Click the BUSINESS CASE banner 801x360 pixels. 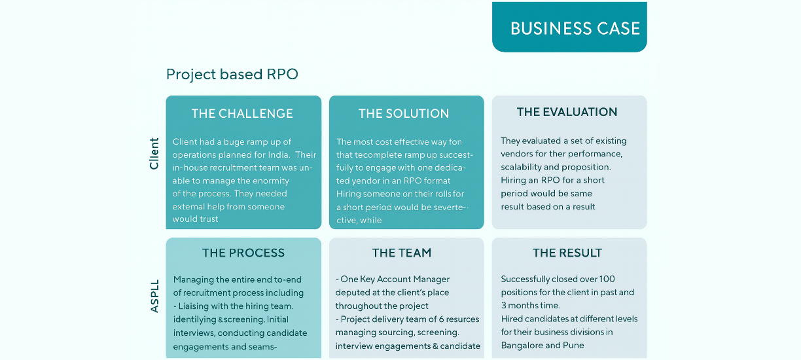point(575,28)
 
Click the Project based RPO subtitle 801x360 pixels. point(232,74)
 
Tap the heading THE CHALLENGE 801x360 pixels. point(242,113)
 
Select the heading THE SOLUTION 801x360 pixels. point(404,113)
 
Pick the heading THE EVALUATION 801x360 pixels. point(567,112)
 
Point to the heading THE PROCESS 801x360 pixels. point(243,253)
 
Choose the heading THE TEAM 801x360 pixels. point(402,253)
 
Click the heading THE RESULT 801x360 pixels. point(567,253)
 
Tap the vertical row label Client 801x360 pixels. point(154,153)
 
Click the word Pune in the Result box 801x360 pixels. point(573,345)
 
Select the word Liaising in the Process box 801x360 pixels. point(198,306)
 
